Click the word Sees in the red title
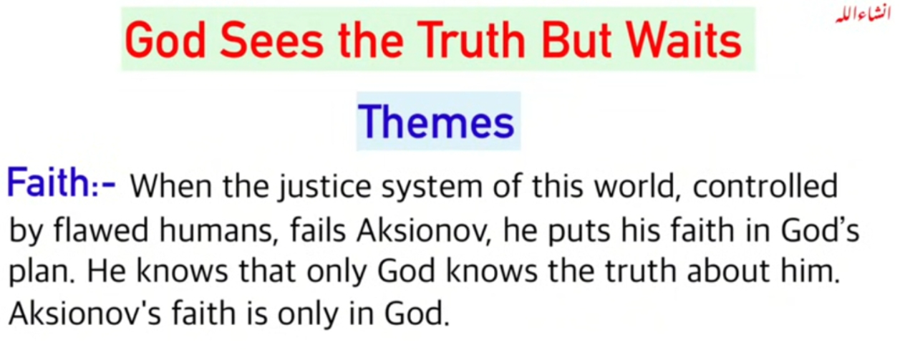[x=271, y=40]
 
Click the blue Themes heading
[x=437, y=122]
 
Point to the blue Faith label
[x=61, y=183]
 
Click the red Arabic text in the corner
[x=863, y=15]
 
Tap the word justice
[x=324, y=188]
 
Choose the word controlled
[x=765, y=186]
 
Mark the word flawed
[x=101, y=230]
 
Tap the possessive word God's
[x=820, y=230]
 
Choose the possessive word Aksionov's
[x=85, y=313]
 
